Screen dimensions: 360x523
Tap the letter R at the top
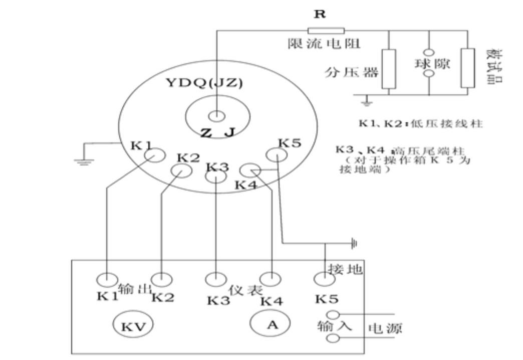(x=319, y=14)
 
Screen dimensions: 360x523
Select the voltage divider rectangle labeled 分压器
(x=389, y=69)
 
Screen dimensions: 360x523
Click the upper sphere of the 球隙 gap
(x=429, y=53)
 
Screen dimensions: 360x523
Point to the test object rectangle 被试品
(x=468, y=68)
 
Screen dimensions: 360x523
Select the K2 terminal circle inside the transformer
(x=182, y=171)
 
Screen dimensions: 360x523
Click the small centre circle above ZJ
(x=217, y=116)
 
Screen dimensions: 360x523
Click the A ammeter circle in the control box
(x=272, y=324)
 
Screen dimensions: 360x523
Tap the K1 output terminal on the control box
(x=107, y=279)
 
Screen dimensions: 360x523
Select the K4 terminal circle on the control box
(x=272, y=279)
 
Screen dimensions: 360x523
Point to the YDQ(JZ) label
(x=204, y=83)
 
